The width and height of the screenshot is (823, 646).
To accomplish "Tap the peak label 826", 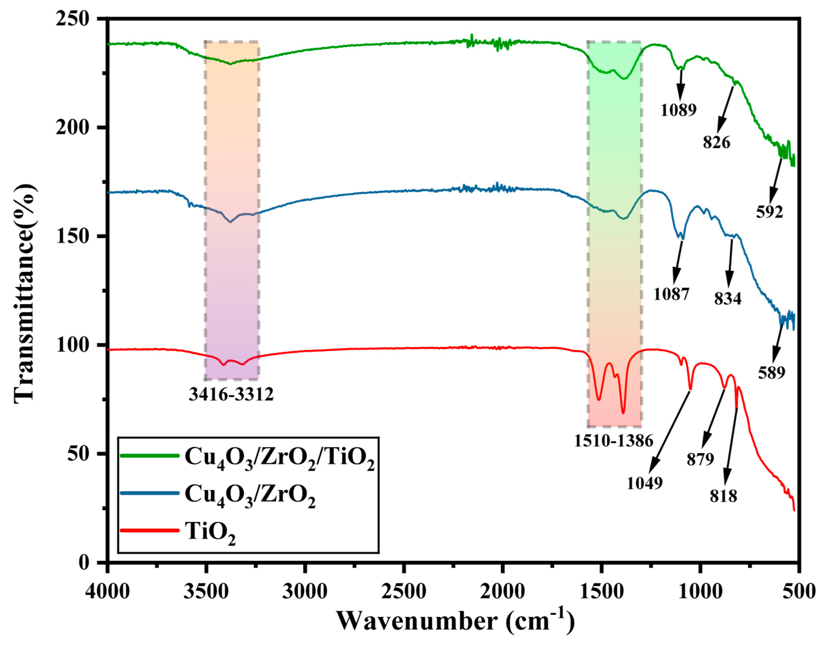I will coord(716,143).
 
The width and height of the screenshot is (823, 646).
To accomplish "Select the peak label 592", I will coord(769,212).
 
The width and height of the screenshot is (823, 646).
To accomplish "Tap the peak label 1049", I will coord(644,483).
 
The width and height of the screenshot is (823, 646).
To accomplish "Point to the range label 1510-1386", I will coord(613,441).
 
